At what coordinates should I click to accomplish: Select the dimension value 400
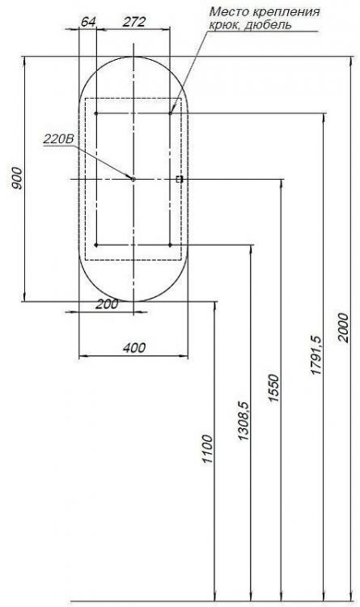point(134,347)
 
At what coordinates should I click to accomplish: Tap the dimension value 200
point(107,304)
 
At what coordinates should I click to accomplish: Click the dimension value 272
point(133,23)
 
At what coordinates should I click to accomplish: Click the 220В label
point(58,139)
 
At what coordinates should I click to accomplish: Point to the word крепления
point(289,13)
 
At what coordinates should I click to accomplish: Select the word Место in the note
point(227,13)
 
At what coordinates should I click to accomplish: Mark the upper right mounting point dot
point(170,113)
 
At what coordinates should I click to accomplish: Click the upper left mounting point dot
point(96,113)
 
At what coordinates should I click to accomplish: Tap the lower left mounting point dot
point(96,244)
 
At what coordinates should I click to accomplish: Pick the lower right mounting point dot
point(170,244)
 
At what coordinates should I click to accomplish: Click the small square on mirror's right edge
point(180,178)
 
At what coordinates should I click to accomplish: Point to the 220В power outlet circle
point(133,178)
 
